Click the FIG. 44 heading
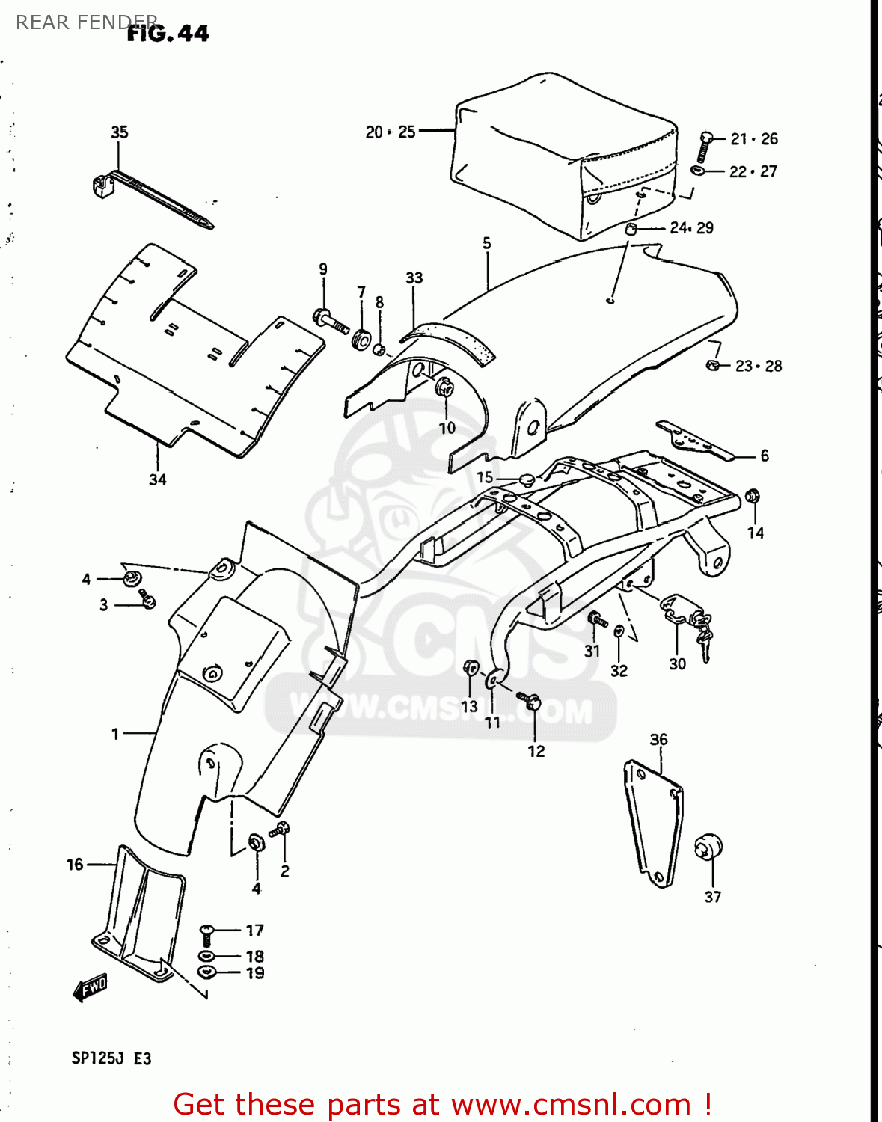(168, 34)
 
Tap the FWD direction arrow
(91, 988)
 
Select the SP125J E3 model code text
(111, 1058)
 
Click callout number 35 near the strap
(120, 132)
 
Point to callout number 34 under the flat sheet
(157, 479)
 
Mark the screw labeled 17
(207, 934)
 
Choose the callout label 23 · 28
(758, 366)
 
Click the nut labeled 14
(753, 496)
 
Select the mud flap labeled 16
(138, 913)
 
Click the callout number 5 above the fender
(487, 243)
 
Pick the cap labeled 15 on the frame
(525, 478)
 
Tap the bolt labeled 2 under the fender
(281, 830)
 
